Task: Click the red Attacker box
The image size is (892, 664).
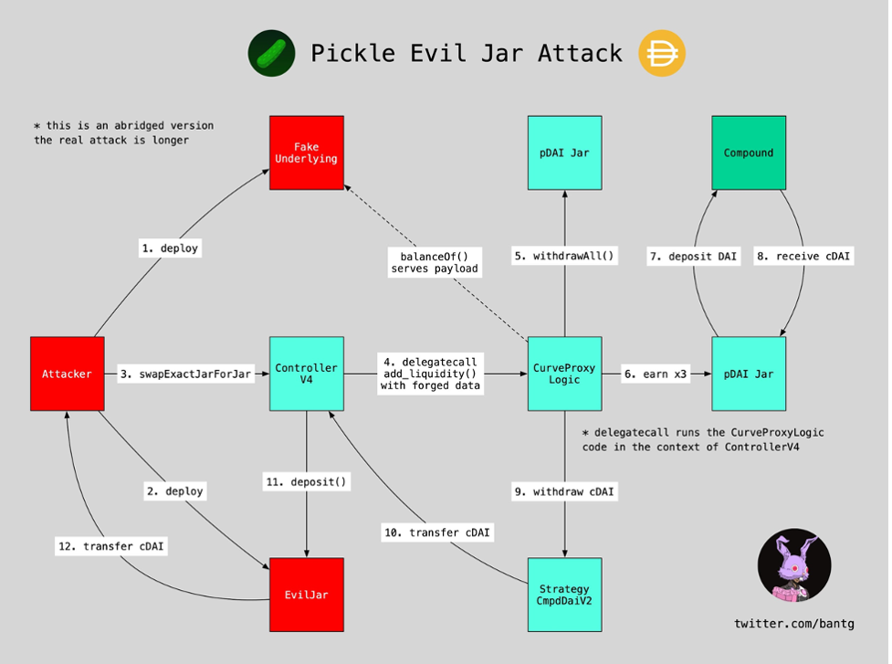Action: [x=68, y=374]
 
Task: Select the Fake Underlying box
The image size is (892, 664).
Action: [x=307, y=153]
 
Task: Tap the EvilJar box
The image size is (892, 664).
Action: [x=307, y=595]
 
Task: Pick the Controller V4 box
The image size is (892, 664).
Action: [x=307, y=374]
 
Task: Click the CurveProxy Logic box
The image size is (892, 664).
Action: [x=564, y=374]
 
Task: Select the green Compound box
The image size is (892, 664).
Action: [x=749, y=153]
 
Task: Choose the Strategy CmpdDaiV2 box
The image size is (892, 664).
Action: [x=564, y=595]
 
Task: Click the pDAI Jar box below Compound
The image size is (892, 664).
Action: [x=749, y=374]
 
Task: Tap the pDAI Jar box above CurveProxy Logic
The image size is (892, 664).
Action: [x=564, y=153]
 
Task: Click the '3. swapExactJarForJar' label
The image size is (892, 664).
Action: [x=186, y=374]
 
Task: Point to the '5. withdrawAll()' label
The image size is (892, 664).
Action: [x=564, y=256]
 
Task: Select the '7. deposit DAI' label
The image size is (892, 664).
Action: [x=694, y=256]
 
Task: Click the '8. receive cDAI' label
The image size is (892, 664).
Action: [x=803, y=256]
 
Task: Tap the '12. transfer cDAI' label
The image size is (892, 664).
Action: [x=111, y=546]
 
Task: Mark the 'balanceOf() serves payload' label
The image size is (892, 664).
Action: [x=435, y=262]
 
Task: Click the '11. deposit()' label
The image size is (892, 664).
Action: [x=307, y=482]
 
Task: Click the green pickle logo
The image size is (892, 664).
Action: [x=271, y=53]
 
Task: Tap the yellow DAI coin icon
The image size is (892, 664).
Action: [x=662, y=53]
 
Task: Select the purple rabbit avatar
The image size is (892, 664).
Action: [x=794, y=565]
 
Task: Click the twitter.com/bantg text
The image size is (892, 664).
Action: [x=794, y=624]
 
